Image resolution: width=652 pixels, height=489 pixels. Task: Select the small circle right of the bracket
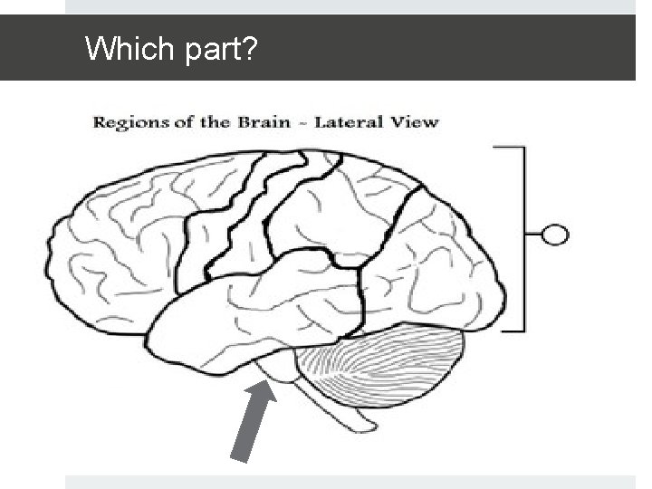555,236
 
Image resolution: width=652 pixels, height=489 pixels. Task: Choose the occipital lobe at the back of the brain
444,272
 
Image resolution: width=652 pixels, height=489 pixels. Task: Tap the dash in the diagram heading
300,122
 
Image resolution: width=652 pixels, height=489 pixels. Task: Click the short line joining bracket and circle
533,236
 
